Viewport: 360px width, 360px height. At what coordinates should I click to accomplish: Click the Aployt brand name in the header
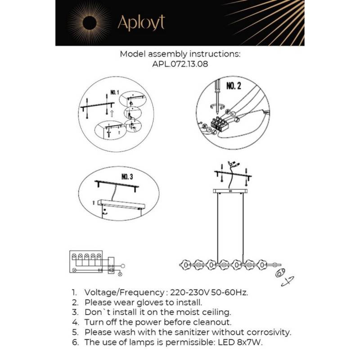click(x=141, y=22)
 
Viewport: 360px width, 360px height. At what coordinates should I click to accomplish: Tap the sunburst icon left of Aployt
click(x=90, y=22)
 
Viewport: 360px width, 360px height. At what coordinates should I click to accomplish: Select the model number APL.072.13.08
click(x=180, y=64)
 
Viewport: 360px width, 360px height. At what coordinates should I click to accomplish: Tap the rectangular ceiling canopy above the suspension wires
click(x=230, y=191)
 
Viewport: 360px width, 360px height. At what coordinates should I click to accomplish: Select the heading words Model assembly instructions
click(x=180, y=54)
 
